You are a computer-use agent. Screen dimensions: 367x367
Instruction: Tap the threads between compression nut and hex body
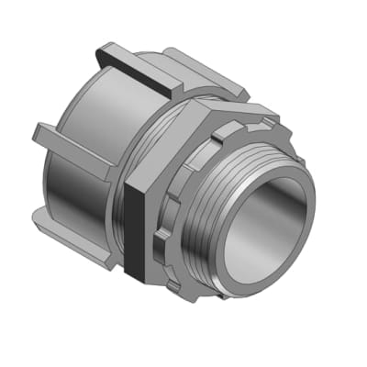pyautogui.click(x=119, y=183)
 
